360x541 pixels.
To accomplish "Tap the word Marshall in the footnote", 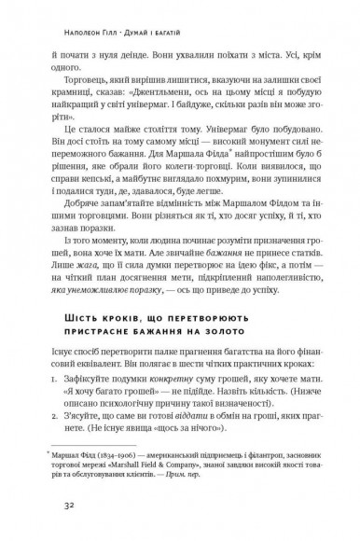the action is point(120,479).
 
